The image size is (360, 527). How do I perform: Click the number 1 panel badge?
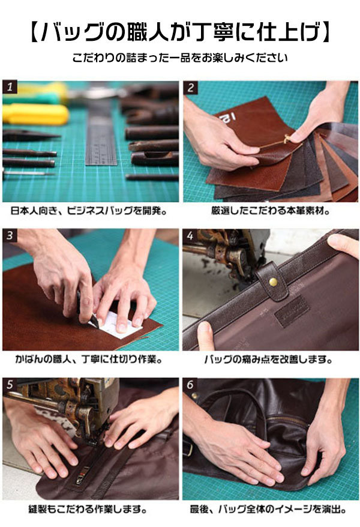10,87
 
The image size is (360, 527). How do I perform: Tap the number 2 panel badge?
190,88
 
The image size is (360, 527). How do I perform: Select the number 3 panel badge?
10,235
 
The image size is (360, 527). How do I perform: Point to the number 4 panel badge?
190,236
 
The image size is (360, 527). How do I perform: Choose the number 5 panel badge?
10,384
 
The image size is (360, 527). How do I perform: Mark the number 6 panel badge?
190,385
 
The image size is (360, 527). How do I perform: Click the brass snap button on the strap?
274,282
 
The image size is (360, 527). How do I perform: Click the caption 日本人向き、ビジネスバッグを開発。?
89,211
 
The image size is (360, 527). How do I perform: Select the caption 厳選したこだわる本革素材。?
271,211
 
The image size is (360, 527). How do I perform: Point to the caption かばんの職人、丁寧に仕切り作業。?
89,360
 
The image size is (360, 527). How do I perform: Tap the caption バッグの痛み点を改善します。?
269,360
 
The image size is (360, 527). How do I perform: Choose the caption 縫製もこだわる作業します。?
88,509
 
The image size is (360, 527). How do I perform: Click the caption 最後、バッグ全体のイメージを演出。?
268,509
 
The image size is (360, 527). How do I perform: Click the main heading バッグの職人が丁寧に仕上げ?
179,32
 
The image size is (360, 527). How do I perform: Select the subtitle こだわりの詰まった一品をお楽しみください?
180,58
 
